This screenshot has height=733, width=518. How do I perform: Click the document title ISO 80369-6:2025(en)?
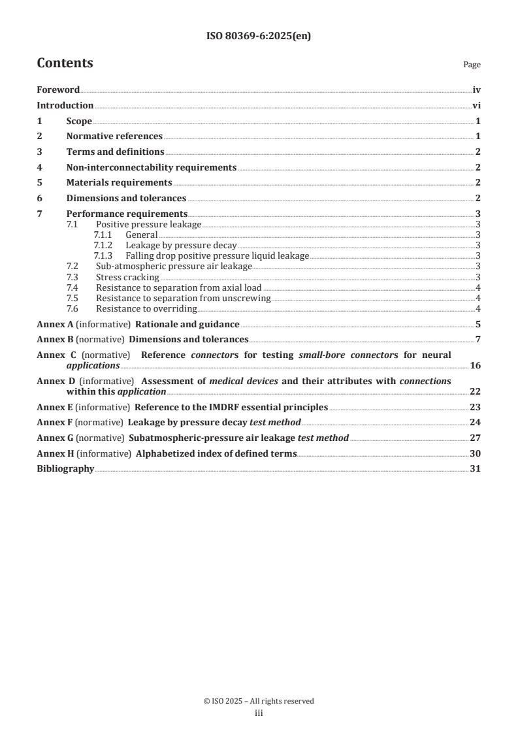click(x=259, y=37)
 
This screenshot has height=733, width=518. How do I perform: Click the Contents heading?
click(x=65, y=63)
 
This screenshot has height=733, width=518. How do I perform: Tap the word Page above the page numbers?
click(x=472, y=65)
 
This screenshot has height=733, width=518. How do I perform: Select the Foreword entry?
click(x=58, y=90)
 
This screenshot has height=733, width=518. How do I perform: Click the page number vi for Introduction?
click(x=476, y=106)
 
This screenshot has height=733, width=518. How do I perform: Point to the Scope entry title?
click(x=79, y=122)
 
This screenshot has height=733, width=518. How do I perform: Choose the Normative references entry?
click(x=114, y=137)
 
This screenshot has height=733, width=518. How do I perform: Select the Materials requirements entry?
click(x=119, y=183)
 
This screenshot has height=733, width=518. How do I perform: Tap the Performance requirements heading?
click(x=127, y=214)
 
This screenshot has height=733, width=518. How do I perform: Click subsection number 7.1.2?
click(x=103, y=245)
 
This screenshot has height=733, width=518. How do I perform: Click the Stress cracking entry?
click(x=123, y=277)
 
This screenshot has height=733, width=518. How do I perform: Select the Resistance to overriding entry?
click(x=146, y=308)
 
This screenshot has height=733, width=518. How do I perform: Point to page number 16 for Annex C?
click(x=475, y=365)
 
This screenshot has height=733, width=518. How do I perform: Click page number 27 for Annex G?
click(x=475, y=438)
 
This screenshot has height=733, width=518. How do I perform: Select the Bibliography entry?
click(x=65, y=469)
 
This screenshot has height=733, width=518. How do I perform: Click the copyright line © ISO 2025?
click(x=259, y=701)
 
